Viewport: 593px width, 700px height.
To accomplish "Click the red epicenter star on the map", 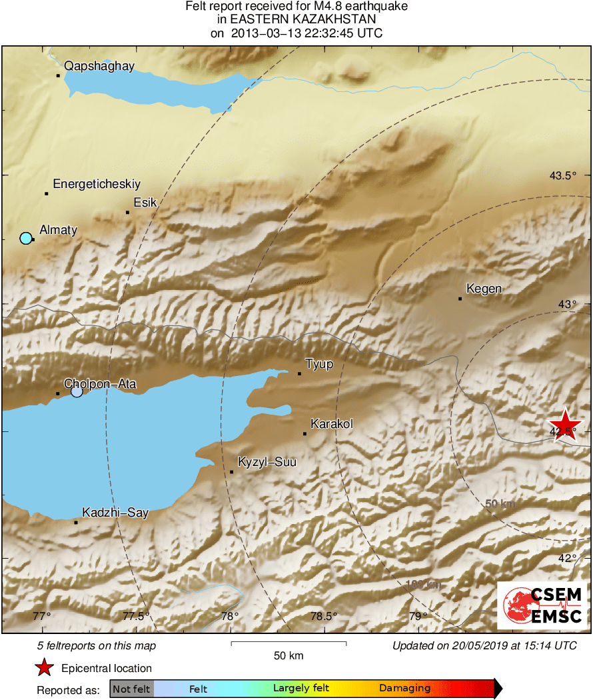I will (x=565, y=425).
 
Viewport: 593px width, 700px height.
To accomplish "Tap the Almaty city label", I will (x=59, y=230).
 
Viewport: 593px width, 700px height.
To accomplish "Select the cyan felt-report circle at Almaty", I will (x=26, y=238).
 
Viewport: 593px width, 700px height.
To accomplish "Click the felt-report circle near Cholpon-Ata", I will (x=77, y=391).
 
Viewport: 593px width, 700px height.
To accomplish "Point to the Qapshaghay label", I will (x=99, y=65).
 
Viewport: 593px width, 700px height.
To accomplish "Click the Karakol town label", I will (x=332, y=424).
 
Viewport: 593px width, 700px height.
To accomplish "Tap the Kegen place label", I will (x=484, y=289).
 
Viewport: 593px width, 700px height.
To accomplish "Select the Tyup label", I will (x=319, y=364).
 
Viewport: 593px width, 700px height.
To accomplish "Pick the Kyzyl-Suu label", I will (x=267, y=462).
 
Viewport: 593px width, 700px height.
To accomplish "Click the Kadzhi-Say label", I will (x=115, y=513).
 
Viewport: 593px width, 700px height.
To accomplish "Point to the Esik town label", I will (x=145, y=203).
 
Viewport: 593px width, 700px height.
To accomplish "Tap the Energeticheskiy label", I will (x=97, y=184).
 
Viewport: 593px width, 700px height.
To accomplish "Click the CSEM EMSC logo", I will (x=542, y=605).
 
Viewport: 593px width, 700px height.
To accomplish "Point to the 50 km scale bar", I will (x=289, y=643).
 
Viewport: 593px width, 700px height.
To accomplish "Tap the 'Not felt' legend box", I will (x=131, y=689).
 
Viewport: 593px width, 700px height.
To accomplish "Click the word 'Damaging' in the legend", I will (x=405, y=689).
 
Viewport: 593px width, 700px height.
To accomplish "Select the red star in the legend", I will (x=44, y=667).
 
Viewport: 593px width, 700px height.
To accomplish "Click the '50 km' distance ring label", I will (x=500, y=505).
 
